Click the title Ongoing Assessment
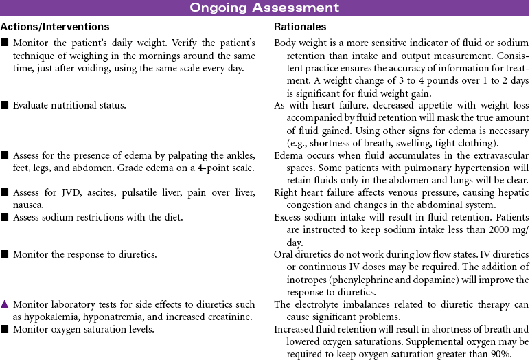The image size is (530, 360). coord(264,8)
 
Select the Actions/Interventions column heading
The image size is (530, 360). coord(55,27)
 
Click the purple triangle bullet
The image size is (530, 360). coord(5,304)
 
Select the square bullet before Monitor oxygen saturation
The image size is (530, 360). coord(5,329)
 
